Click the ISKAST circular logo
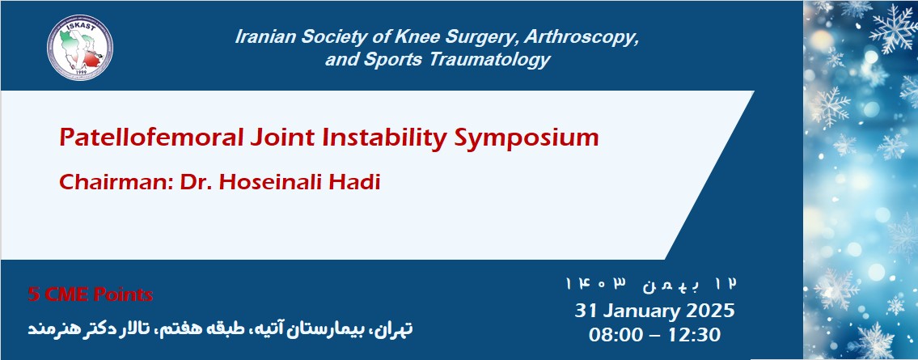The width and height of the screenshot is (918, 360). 79,46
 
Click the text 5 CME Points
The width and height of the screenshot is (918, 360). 90,294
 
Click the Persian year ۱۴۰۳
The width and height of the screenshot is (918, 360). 597,284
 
